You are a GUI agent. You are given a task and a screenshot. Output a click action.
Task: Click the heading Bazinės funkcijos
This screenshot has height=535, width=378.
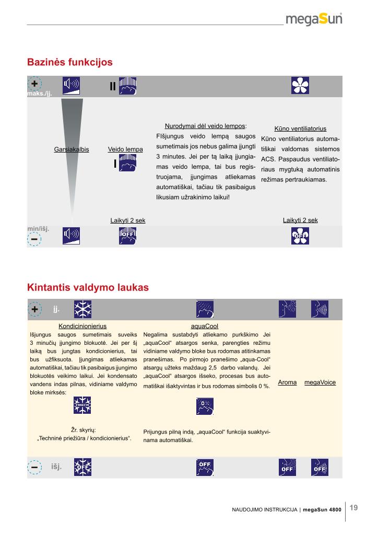pyautogui.click(x=70, y=62)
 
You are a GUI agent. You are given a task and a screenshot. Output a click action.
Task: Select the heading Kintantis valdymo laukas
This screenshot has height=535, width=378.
pyautogui.click(x=88, y=287)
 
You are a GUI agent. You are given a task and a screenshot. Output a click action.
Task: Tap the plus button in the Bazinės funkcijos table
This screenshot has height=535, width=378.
pyautogui.click(x=34, y=84)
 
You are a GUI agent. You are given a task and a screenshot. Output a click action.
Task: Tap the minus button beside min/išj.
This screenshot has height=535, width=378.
pyautogui.click(x=34, y=239)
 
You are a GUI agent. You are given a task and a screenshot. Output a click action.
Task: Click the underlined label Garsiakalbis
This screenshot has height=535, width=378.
pyautogui.click(x=72, y=149)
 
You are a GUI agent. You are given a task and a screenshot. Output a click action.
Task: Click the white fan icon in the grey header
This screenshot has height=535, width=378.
pyautogui.click(x=300, y=86)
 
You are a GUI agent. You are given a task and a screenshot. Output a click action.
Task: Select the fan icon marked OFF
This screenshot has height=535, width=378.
pyautogui.click(x=300, y=236)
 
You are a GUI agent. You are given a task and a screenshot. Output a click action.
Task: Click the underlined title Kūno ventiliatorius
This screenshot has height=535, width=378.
pyautogui.click(x=300, y=129)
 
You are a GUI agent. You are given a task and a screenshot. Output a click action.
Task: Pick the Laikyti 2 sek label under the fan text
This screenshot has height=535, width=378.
pyautogui.click(x=300, y=220)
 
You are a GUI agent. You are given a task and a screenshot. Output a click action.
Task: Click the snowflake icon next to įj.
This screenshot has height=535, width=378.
pyautogui.click(x=82, y=309)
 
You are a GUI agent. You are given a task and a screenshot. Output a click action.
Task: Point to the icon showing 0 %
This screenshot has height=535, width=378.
pyautogui.click(x=205, y=405)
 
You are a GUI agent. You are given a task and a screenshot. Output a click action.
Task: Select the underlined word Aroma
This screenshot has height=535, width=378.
pyautogui.click(x=287, y=382)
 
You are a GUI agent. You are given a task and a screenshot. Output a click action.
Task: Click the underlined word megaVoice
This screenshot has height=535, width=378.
pyautogui.click(x=320, y=382)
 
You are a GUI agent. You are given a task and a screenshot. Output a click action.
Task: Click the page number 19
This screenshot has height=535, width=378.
pyautogui.click(x=353, y=507)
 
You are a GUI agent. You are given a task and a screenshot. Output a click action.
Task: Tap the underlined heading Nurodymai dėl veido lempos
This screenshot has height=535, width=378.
pyautogui.click(x=206, y=126)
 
